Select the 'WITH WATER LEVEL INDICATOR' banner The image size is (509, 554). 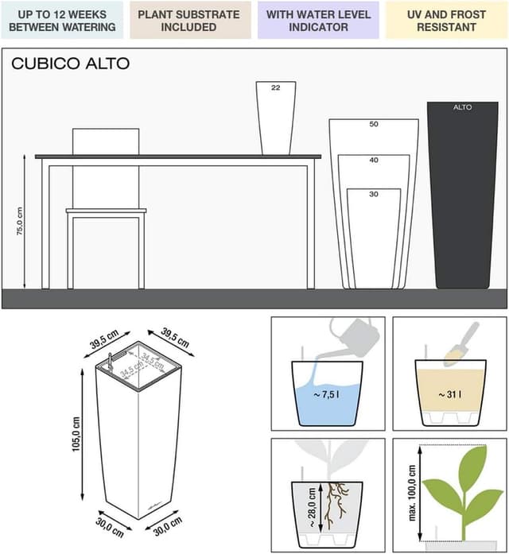click(318, 20)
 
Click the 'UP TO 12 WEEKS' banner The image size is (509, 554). click(61, 20)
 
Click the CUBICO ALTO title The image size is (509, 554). click(70, 64)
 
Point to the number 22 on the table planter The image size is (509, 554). click(276, 88)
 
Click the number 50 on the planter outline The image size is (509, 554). click(373, 125)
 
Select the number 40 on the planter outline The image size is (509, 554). click(373, 161)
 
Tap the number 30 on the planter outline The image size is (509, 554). click(373, 194)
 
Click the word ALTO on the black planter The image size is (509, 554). click(462, 107)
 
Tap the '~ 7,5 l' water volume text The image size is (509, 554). click(328, 395)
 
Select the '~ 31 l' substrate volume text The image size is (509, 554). click(449, 395)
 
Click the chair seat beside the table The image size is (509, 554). click(106, 211)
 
